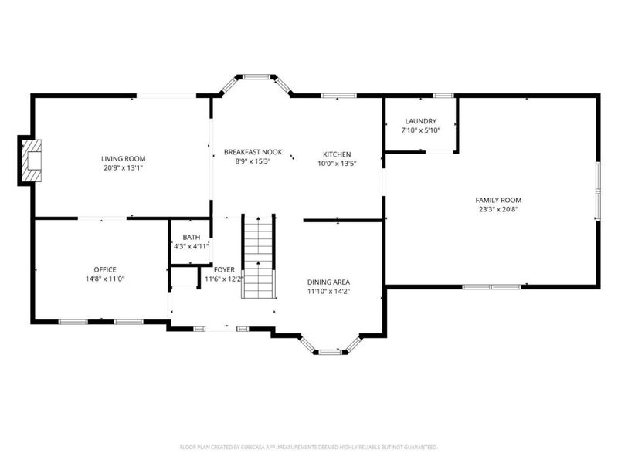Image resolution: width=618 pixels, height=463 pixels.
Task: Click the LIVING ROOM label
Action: tap(124, 159)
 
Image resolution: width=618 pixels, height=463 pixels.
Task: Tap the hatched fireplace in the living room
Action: tap(32, 161)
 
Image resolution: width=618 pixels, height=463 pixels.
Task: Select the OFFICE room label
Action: tap(105, 269)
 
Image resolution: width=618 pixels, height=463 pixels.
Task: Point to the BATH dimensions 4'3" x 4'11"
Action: tap(192, 246)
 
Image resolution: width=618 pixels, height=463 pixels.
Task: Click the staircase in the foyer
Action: tap(258, 256)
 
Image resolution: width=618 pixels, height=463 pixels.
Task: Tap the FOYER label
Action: tap(224, 269)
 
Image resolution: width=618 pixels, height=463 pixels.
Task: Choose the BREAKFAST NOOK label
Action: tap(253, 152)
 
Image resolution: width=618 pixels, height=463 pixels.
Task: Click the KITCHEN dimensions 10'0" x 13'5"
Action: tap(337, 164)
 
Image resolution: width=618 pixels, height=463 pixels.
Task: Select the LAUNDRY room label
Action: tap(420, 121)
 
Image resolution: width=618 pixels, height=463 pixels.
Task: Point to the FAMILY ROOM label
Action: tap(498, 200)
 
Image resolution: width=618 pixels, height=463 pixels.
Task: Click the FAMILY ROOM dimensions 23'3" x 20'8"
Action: tap(498, 209)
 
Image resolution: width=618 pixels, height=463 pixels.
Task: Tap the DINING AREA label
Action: tap(328, 282)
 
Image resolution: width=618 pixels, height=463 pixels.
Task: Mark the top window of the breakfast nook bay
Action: tap(256, 76)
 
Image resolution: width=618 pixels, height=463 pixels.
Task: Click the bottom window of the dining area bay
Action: tap(331, 352)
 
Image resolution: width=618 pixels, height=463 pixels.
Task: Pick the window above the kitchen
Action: tap(338, 96)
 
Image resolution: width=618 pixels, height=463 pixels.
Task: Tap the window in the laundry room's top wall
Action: tap(443, 96)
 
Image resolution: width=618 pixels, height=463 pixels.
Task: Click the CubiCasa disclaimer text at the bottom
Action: tap(308, 448)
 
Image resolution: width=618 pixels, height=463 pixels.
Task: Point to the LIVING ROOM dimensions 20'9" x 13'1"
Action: tap(124, 168)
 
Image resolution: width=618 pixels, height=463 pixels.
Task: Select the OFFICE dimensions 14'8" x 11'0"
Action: tap(105, 279)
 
